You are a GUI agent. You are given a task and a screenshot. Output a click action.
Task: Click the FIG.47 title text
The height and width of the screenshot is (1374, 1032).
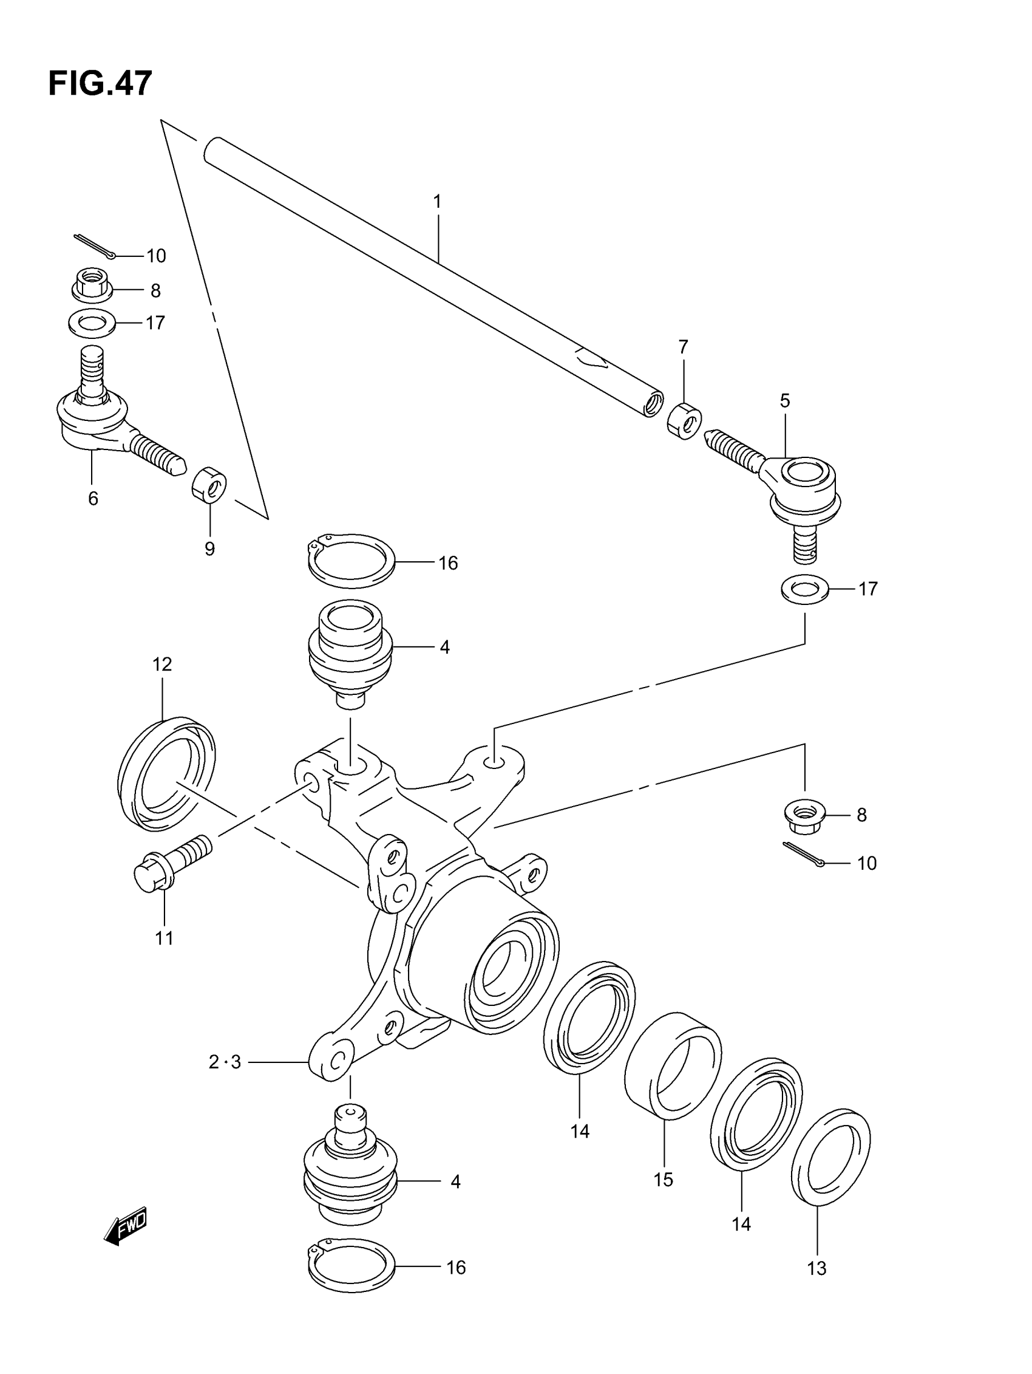100,83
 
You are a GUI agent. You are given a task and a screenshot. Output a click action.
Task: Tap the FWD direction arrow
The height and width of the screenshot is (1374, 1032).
126,1226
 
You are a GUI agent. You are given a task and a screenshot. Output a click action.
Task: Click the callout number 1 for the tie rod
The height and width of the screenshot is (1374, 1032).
437,202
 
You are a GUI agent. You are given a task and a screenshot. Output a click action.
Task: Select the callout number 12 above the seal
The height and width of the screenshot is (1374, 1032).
162,665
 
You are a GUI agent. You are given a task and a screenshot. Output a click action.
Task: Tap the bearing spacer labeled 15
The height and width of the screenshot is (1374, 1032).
673,1067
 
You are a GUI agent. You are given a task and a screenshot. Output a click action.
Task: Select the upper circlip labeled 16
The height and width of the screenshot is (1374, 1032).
351,560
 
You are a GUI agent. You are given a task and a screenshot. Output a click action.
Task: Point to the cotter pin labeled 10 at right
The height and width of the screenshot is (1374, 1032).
803,855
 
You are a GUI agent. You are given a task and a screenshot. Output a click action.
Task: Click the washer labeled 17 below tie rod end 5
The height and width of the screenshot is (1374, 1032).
805,589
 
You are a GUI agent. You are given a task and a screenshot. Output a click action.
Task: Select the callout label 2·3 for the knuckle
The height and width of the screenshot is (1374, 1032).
225,1063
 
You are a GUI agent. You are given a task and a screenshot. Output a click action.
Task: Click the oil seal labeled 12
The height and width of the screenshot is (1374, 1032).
166,774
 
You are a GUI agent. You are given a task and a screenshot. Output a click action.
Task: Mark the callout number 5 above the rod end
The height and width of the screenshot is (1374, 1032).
785,402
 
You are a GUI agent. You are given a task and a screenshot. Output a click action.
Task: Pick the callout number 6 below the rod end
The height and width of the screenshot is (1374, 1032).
93,498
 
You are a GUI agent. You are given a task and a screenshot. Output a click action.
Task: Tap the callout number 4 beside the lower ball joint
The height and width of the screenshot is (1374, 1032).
455,1182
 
